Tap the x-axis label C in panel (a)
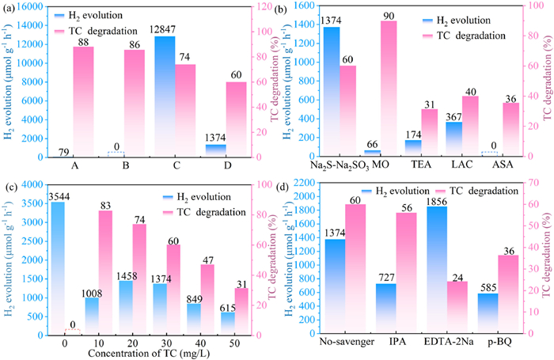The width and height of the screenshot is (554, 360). coord(186,168)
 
